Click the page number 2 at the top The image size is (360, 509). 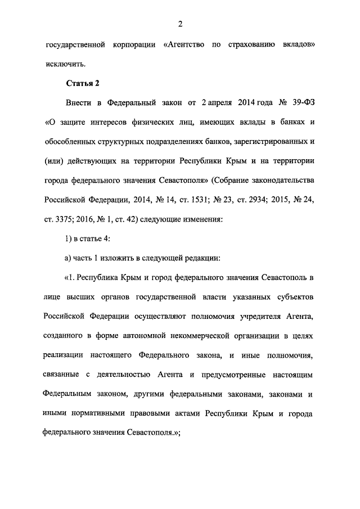(180, 23)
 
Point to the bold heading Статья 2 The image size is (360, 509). (83, 84)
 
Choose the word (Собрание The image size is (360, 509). (232, 181)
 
